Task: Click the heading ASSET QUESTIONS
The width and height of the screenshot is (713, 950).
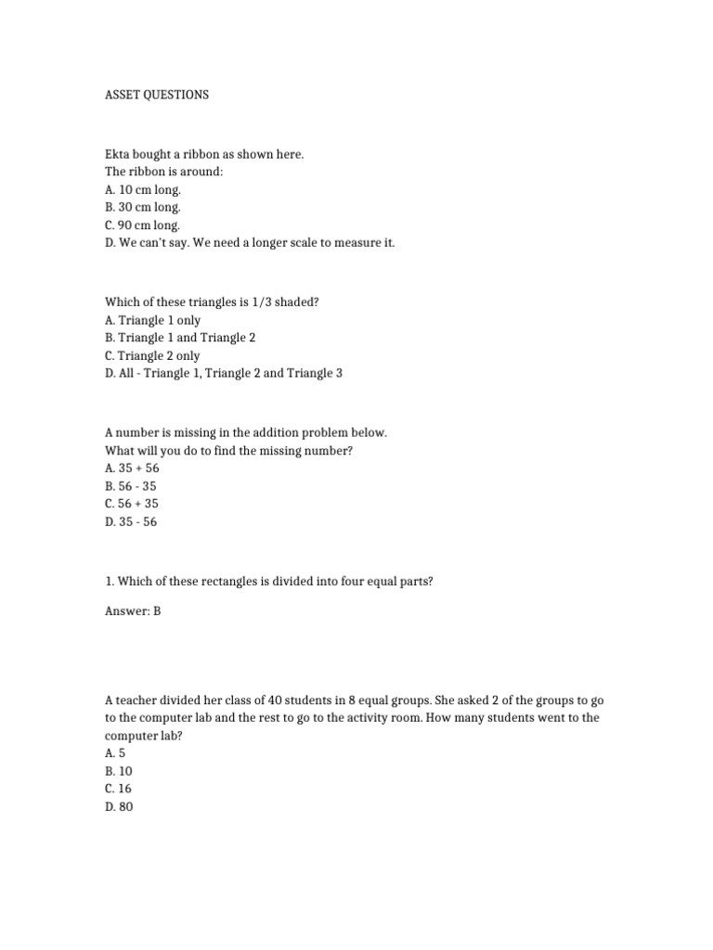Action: pyautogui.click(x=156, y=95)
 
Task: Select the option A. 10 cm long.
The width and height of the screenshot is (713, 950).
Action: pyautogui.click(x=143, y=189)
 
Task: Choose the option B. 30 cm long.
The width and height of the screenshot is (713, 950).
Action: pyautogui.click(x=143, y=207)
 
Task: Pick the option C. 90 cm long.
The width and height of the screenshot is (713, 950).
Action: pyautogui.click(x=143, y=225)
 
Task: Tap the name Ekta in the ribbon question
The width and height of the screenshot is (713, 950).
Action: pyautogui.click(x=117, y=154)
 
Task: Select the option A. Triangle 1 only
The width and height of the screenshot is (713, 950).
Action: pyautogui.click(x=152, y=320)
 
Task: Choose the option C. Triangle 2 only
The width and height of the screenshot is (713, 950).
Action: pyautogui.click(x=152, y=355)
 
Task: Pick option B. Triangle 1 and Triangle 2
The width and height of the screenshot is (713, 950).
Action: pyautogui.click(x=180, y=338)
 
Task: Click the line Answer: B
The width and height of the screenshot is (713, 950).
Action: pyautogui.click(x=133, y=612)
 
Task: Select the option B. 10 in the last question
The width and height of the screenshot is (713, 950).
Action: pyautogui.click(x=118, y=771)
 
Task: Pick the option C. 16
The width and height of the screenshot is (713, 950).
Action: pyautogui.click(x=118, y=789)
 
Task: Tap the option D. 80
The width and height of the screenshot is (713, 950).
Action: pyautogui.click(x=119, y=806)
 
